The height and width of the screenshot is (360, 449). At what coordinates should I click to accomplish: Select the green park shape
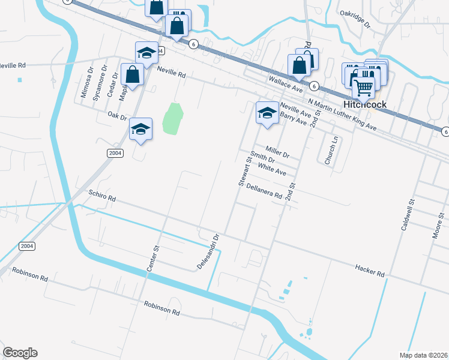click(173, 119)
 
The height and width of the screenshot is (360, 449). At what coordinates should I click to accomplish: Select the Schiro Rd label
click(101, 196)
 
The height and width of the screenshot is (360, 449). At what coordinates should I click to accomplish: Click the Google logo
click(20, 353)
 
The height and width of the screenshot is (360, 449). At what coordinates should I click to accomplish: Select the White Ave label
click(273, 170)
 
